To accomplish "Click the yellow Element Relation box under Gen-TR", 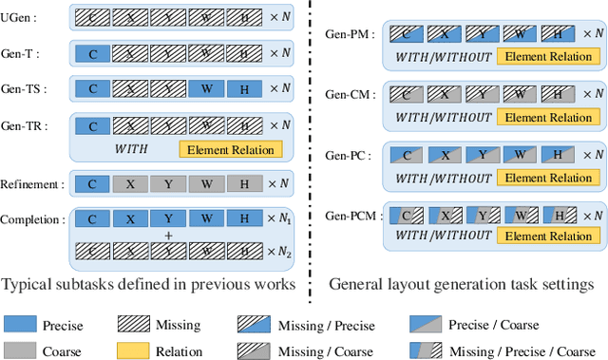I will pyautogui.click(x=231, y=149).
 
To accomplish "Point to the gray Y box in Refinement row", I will pyautogui.click(x=168, y=184).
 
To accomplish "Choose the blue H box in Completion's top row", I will pyautogui.click(x=244, y=218).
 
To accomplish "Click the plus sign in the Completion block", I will pyautogui.click(x=167, y=235).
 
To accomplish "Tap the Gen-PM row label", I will pyautogui.click(x=349, y=34).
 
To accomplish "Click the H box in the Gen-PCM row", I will pyautogui.click(x=560, y=216).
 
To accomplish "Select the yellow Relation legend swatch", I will pyautogui.click(x=134, y=350).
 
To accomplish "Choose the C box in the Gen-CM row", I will pyautogui.click(x=406, y=94).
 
